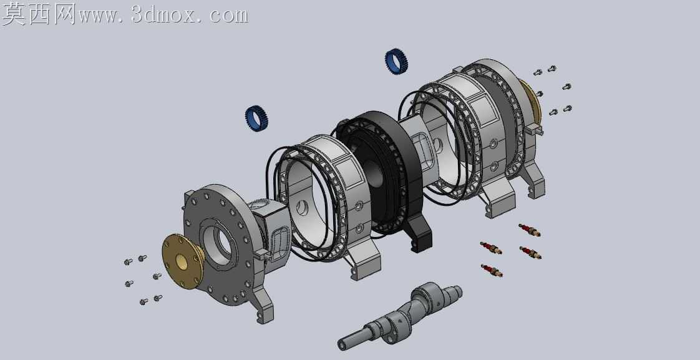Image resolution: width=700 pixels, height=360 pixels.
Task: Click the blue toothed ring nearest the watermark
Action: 256,118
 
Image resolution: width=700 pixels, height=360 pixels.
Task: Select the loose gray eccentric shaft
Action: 399,316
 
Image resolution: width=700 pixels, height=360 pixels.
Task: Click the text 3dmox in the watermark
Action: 163,15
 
